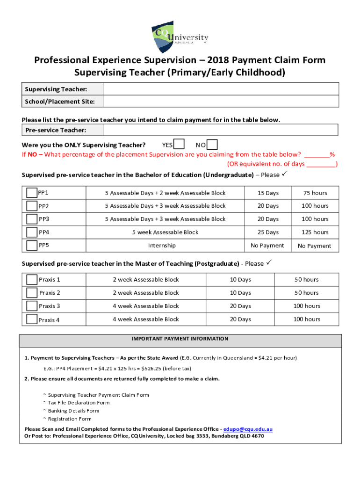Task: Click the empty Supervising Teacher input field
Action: (x=220, y=89)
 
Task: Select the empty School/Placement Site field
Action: (x=220, y=102)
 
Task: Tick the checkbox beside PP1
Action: (x=32, y=193)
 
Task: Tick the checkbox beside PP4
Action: (x=32, y=232)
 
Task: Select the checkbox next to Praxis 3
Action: (x=32, y=306)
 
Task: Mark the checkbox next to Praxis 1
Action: (x=32, y=280)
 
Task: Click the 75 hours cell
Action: (x=315, y=193)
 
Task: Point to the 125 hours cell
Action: (x=315, y=232)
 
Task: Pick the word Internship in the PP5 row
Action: (x=162, y=245)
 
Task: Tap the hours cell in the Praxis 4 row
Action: (x=307, y=319)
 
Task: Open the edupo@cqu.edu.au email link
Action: (x=248, y=429)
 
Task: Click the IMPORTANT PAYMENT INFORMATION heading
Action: (x=180, y=339)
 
